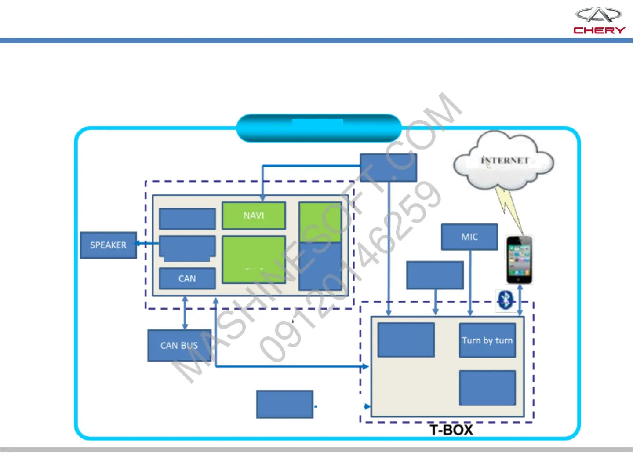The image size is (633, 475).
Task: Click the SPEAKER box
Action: click(x=108, y=245)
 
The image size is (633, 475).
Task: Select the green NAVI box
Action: click(x=254, y=216)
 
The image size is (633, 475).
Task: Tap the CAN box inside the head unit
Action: click(x=187, y=278)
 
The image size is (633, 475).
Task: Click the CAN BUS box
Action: click(x=179, y=346)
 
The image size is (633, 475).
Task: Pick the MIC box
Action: click(x=469, y=237)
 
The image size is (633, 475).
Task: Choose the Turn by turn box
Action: click(x=487, y=340)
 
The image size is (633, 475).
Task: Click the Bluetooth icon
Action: click(x=506, y=300)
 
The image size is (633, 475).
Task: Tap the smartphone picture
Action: click(x=519, y=260)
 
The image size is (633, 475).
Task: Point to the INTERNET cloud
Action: click(x=504, y=161)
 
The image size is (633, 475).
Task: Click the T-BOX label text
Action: click(x=451, y=430)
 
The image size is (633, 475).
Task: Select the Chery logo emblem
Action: click(x=598, y=15)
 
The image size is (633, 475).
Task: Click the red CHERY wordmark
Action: click(x=599, y=30)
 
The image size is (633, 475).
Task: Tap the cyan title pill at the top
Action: click(x=319, y=128)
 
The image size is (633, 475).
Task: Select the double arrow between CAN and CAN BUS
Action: click(x=185, y=313)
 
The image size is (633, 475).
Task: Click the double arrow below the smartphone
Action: click(x=520, y=300)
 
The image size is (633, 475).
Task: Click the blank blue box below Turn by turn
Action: click(x=487, y=387)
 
